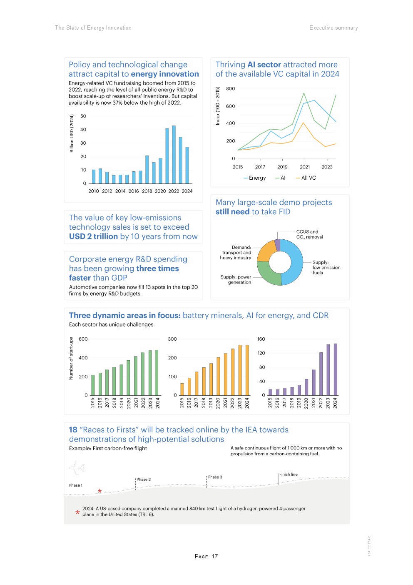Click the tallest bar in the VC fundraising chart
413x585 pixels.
(x=174, y=154)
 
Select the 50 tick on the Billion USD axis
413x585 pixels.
(x=83, y=116)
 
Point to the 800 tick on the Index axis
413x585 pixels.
(x=231, y=89)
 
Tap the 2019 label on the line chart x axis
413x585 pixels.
(x=282, y=167)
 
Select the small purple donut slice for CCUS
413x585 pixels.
(x=277, y=245)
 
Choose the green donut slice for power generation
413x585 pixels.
(x=267, y=274)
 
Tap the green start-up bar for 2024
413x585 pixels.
(x=157, y=373)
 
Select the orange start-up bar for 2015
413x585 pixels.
(x=182, y=389)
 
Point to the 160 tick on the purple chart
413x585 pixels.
(x=261, y=339)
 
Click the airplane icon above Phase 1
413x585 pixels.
(x=77, y=468)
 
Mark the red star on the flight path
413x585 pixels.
(x=100, y=491)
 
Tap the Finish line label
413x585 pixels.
(x=289, y=475)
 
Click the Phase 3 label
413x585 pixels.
(x=215, y=477)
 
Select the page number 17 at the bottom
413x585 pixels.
(x=215, y=557)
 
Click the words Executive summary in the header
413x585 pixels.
(x=333, y=28)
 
